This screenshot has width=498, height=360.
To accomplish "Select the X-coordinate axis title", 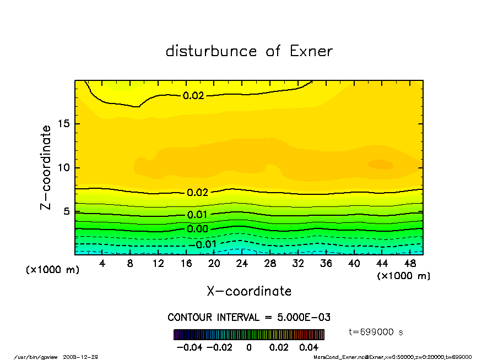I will [249, 291].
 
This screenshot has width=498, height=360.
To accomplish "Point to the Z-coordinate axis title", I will [46, 167].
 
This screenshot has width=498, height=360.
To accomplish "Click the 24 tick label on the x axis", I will [242, 264].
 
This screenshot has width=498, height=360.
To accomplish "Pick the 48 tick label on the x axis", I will [410, 264].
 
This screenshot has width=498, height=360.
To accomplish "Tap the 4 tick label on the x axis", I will [102, 264].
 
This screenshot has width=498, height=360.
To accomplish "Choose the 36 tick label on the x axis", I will [326, 264].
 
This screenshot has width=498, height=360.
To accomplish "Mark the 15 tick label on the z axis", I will [64, 124].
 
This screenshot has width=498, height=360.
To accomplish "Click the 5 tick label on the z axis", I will [67, 211].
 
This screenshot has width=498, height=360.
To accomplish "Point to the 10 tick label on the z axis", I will [64, 167].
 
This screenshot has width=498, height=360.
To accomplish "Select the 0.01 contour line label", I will [197, 215].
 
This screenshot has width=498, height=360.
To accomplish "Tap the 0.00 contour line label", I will [197, 229].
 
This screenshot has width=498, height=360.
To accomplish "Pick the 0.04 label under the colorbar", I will [310, 347].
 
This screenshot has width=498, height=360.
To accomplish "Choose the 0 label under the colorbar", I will [249, 347].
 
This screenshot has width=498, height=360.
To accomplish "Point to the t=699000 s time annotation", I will [376, 332].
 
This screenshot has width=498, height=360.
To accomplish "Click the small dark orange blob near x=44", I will [380, 165].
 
